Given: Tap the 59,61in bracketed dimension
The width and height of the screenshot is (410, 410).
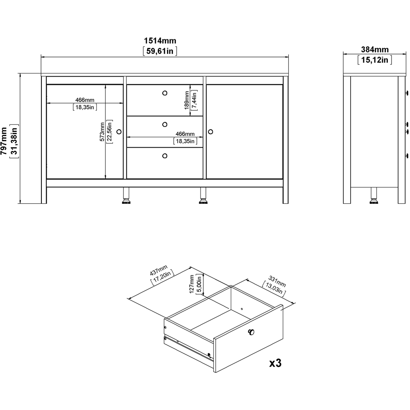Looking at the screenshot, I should tap(160, 51).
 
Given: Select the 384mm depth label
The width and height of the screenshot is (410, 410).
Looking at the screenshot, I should tap(375, 50).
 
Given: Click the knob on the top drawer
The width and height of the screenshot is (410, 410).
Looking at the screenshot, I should tap(165, 93).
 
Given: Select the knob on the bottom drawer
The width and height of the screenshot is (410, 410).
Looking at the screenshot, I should tap(165, 155).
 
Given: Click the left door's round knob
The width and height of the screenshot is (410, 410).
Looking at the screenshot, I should tap(119, 132).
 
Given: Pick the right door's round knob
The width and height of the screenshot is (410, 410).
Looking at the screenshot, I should tap(211, 132).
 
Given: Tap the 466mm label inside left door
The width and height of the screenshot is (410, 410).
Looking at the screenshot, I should tap(85, 100).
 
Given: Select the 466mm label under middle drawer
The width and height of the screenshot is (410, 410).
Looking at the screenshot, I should tap(185, 134).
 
